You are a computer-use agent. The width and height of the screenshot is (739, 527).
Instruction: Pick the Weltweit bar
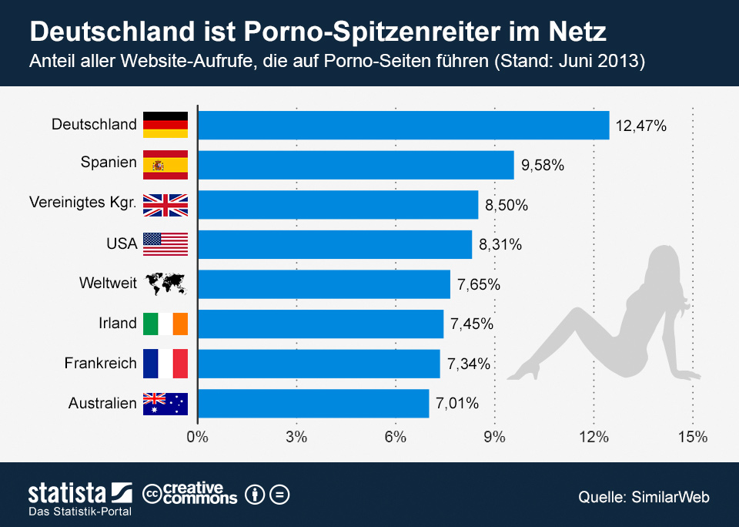click(x=324, y=284)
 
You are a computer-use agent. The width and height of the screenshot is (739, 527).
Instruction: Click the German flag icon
click(x=166, y=125)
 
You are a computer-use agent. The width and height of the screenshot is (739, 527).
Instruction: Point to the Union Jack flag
click(x=166, y=204)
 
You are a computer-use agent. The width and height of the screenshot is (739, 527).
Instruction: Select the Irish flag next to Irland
click(x=166, y=324)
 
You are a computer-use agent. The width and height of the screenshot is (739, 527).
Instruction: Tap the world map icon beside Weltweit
click(x=166, y=284)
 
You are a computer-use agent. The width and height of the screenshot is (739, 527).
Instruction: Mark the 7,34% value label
click(x=468, y=364)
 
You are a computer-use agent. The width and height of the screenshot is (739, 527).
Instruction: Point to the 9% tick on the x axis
click(x=494, y=438)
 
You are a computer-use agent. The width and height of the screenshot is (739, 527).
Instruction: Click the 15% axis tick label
click(x=692, y=438)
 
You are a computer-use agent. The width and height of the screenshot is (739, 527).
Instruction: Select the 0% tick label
click(x=198, y=438)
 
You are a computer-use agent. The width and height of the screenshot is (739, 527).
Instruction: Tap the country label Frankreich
click(x=100, y=363)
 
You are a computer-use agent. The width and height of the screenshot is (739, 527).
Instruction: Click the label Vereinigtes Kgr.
click(x=83, y=204)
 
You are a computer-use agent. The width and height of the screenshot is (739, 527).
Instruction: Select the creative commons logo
click(x=191, y=493)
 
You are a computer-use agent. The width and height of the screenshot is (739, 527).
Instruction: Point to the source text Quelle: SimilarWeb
click(x=644, y=497)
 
